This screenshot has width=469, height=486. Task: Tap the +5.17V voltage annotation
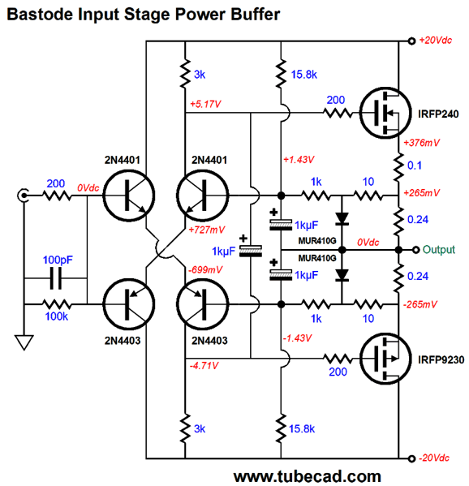206,105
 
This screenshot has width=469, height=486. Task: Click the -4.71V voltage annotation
204,366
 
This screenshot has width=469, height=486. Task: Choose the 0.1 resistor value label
418,166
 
